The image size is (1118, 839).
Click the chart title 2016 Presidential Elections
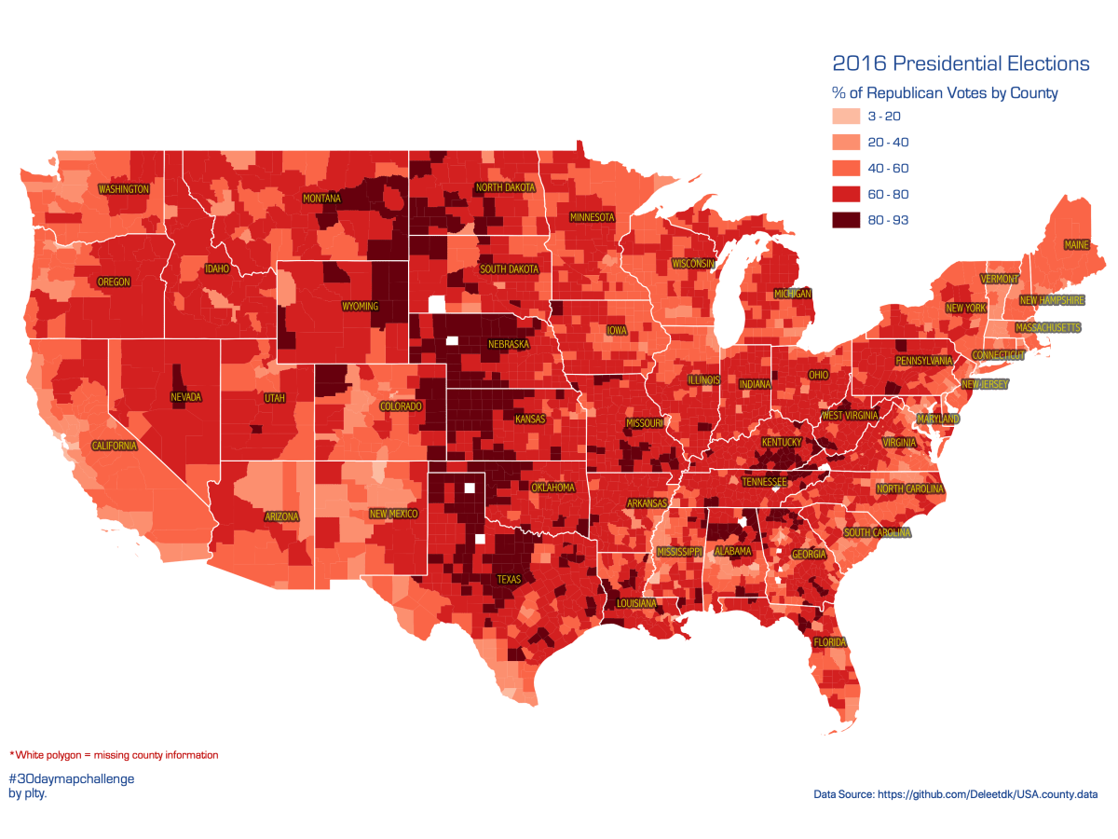961,63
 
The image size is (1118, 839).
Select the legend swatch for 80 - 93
845,220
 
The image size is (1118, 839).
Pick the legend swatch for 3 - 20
845,117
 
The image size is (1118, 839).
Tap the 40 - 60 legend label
887,169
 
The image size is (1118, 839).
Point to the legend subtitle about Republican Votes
945,93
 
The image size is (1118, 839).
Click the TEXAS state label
510,579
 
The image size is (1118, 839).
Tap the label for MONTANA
321,199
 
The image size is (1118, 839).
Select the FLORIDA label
829,643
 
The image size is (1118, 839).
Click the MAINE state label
1075,246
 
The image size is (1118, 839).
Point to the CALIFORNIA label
114,446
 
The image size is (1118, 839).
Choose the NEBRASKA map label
509,345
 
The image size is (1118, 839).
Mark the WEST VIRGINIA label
851,415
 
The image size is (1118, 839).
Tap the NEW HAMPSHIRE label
1052,301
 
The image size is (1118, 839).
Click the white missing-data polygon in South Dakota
436,304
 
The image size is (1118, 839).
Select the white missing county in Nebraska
453,341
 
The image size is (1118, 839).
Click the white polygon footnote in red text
114,755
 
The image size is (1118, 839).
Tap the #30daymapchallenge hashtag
72,778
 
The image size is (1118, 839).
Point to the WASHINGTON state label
124,189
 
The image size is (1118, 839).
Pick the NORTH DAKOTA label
506,187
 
